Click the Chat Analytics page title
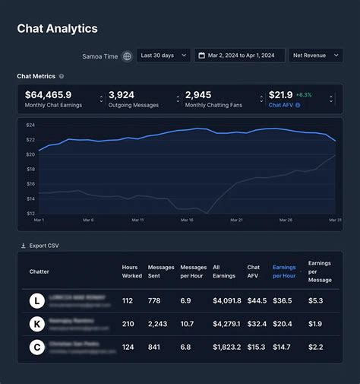(57, 29)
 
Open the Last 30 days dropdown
(163, 56)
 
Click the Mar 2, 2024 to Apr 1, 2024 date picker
(239, 56)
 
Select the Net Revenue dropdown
(315, 56)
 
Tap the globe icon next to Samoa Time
(127, 56)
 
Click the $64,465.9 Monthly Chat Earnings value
(49, 95)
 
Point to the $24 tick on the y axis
(30, 125)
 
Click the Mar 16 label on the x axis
(186, 221)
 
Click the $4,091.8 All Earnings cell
(227, 300)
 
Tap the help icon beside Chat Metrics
(62, 76)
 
